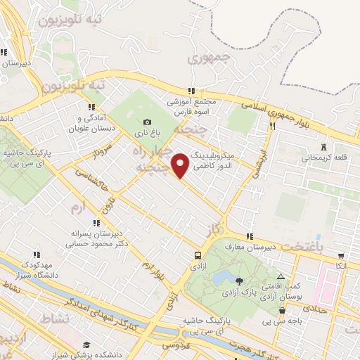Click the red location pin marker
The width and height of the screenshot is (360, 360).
[x=181, y=165]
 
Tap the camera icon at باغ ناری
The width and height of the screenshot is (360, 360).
[x=147, y=122]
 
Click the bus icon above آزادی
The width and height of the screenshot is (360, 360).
[x=198, y=255]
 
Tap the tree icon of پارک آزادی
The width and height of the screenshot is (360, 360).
[x=239, y=281]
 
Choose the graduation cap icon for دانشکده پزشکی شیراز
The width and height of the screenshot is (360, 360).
[x=86, y=345]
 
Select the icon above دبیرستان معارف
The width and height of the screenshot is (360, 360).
[x=249, y=236]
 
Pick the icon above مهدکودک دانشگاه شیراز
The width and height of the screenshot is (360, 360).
[x=36, y=255]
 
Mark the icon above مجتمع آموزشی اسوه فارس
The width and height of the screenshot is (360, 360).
[x=191, y=91]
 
